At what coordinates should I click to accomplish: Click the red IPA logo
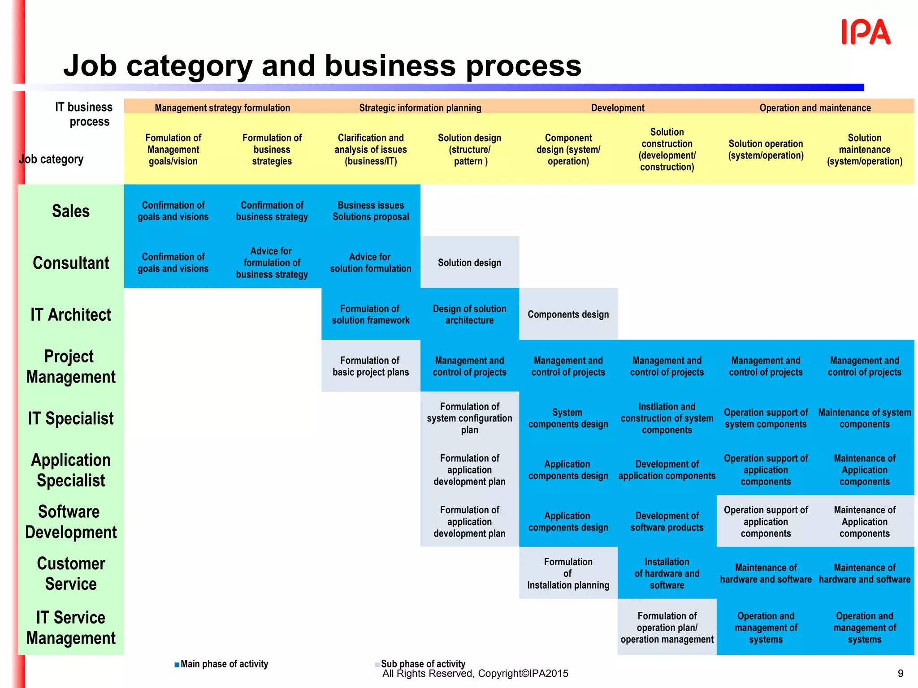(x=866, y=32)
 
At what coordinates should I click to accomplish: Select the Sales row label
(x=71, y=211)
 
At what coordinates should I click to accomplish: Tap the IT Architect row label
(x=71, y=314)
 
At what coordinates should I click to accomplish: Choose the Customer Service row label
(x=71, y=573)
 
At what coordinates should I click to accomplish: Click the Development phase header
(x=617, y=107)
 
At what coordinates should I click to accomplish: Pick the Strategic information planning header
(x=420, y=107)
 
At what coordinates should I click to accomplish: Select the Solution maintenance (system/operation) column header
(x=864, y=150)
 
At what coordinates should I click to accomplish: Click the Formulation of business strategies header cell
(x=272, y=150)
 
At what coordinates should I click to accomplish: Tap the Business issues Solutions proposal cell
(x=371, y=211)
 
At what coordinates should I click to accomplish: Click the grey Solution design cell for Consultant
(x=469, y=262)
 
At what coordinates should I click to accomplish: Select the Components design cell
(x=568, y=314)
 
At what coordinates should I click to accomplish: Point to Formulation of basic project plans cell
(x=371, y=366)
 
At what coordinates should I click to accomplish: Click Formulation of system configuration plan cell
(x=469, y=418)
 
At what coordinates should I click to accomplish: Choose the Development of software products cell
(x=667, y=521)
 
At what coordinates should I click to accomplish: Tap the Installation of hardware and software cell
(x=667, y=573)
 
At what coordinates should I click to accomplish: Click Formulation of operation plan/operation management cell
(x=667, y=627)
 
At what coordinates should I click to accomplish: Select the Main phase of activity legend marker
(x=177, y=664)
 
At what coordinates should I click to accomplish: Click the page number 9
(x=901, y=673)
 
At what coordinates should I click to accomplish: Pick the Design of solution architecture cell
(x=469, y=314)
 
